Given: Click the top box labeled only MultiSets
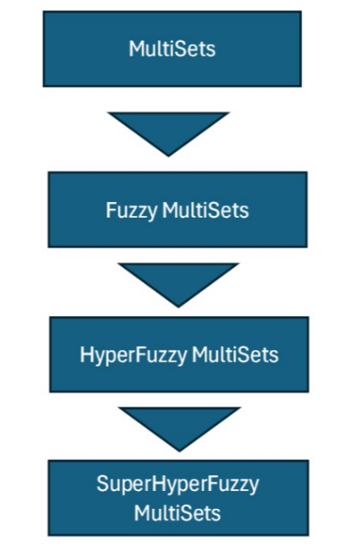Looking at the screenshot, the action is coord(172,49).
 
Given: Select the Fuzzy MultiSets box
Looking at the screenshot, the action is coord(177,210).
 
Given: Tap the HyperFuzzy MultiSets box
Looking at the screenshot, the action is coord(179,354).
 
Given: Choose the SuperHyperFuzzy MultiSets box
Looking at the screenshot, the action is coord(178,498).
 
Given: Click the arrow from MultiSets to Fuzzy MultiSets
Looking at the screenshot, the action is coord(168,134).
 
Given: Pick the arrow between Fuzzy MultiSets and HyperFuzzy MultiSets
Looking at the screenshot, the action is coord(178,284).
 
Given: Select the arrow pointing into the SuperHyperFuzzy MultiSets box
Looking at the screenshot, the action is coord(179,429).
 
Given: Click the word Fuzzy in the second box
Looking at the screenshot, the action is coord(131,211).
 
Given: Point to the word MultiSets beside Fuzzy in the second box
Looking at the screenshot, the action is coord(206,210).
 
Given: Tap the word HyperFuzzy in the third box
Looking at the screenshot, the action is coord(134,356).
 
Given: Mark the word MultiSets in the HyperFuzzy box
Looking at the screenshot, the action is coord(235,355).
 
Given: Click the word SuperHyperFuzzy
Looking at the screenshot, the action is coord(177,485).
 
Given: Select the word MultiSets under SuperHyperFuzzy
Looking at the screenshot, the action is coord(177,513).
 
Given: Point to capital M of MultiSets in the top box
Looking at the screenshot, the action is coord(136,49).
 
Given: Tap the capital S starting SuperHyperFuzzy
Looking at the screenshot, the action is coord(102,483).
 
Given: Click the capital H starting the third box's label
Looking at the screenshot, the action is coord(87,355).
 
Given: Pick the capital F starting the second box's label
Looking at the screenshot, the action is coord(111,210).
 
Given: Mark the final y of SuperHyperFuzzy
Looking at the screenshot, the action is coord(254,487).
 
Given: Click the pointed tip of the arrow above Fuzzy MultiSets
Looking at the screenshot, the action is coord(168,157).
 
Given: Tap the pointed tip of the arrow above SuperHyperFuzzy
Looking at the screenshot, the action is coord(179,451).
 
